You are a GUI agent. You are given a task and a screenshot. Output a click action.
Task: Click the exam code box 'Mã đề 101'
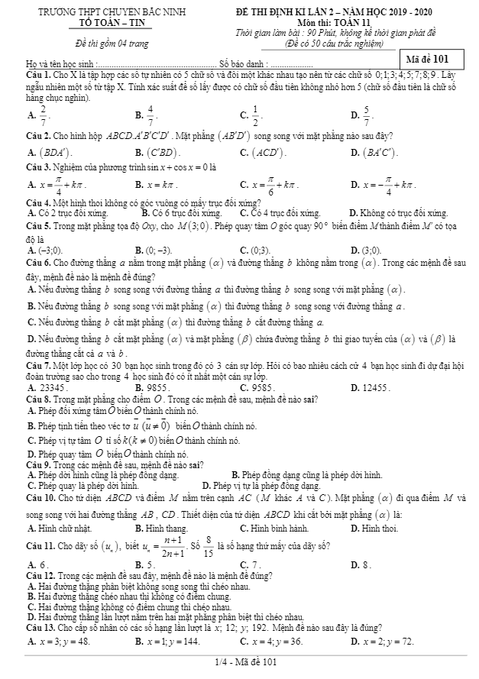pyautogui.click(x=434, y=60)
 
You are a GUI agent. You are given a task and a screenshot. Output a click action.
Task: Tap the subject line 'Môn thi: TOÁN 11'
pyautogui.click(x=333, y=23)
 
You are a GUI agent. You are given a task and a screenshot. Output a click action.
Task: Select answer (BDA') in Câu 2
pyautogui.click(x=48, y=173)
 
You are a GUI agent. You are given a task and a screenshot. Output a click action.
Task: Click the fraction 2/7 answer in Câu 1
pyautogui.click(x=44, y=116)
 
